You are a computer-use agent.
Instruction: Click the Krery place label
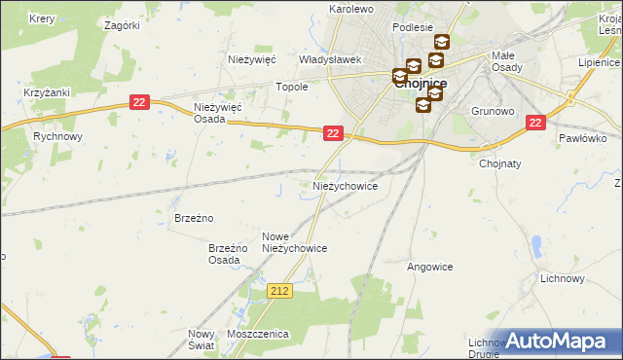pyautogui.click(x=41, y=18)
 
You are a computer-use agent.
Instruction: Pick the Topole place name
pyautogui.click(x=292, y=87)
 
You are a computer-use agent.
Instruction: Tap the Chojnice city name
pyautogui.click(x=421, y=84)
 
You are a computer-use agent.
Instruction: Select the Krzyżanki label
pyautogui.click(x=46, y=92)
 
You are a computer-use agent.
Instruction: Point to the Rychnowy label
pyautogui.click(x=56, y=137)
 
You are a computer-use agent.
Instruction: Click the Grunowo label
pyautogui.click(x=493, y=111)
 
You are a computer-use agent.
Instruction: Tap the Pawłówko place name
pyautogui.click(x=583, y=138)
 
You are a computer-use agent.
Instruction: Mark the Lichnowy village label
pyautogui.click(x=562, y=278)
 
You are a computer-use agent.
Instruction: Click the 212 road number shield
pyautogui.click(x=280, y=291)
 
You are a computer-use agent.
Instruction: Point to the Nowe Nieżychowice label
pyautogui.click(x=294, y=242)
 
